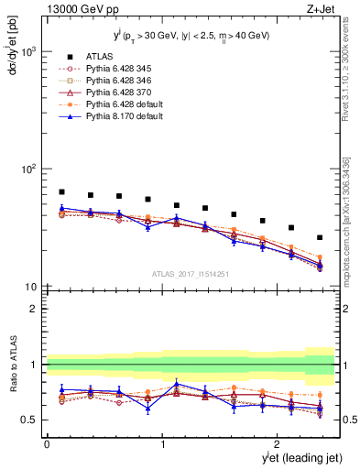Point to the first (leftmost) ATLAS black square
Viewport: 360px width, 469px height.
tap(61, 192)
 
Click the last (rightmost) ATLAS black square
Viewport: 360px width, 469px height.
tap(320, 237)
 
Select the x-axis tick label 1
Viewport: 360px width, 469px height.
tap(163, 443)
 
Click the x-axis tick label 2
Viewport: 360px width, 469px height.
tap(279, 443)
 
